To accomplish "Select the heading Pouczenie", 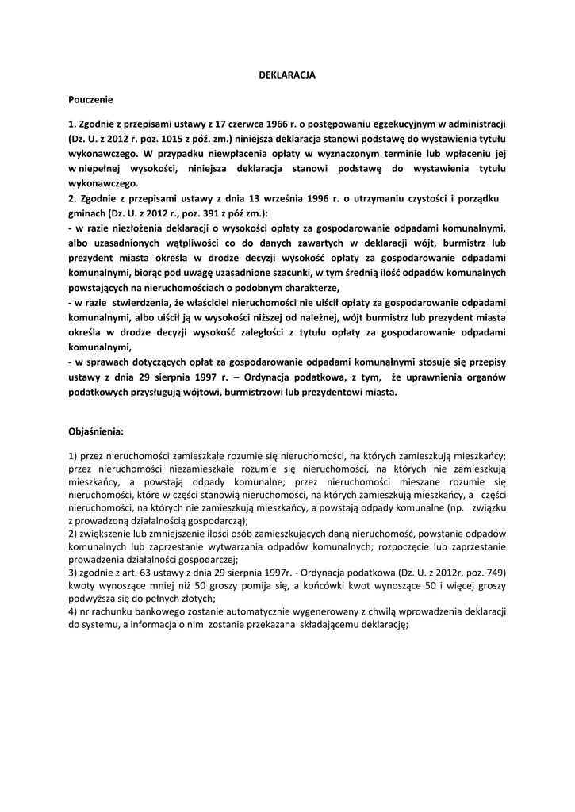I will pos(91,100).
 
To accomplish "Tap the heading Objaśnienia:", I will pos(97,432).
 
